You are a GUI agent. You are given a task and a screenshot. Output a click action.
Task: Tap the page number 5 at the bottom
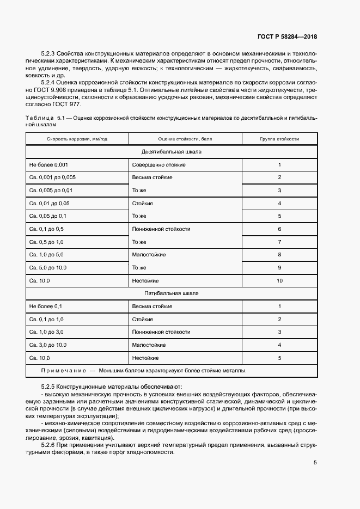[x=315, y=463]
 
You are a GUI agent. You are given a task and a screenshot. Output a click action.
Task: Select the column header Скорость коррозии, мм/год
[x=77, y=139]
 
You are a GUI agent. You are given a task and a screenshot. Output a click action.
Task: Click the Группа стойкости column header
[x=279, y=139]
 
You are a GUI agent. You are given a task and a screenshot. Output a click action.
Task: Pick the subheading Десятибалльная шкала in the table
[x=171, y=151]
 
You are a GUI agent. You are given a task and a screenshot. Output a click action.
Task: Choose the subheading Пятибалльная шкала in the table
[x=171, y=293]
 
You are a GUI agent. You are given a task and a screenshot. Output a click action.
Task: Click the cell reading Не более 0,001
[x=48, y=164]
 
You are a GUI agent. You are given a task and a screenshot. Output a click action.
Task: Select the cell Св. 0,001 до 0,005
[x=52, y=177]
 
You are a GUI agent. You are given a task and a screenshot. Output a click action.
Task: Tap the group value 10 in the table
[x=279, y=281]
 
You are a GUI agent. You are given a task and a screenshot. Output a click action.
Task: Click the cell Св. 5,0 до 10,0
[x=48, y=268]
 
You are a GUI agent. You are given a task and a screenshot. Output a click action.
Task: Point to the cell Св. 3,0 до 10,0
[x=48, y=345]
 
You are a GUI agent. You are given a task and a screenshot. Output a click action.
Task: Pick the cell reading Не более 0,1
[x=46, y=306]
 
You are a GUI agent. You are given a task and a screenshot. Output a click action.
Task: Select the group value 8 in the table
[x=279, y=255]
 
